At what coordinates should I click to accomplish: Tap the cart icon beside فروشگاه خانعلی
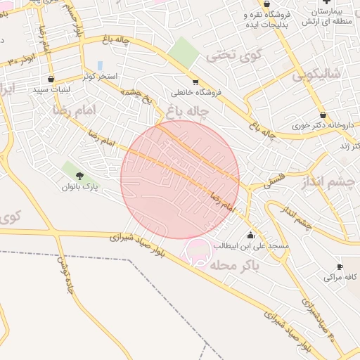click(x=195, y=82)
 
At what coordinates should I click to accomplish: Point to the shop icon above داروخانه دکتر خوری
click(x=323, y=115)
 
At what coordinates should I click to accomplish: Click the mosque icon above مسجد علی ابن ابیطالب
click(x=250, y=235)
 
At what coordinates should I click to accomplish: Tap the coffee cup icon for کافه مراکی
click(x=340, y=267)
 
